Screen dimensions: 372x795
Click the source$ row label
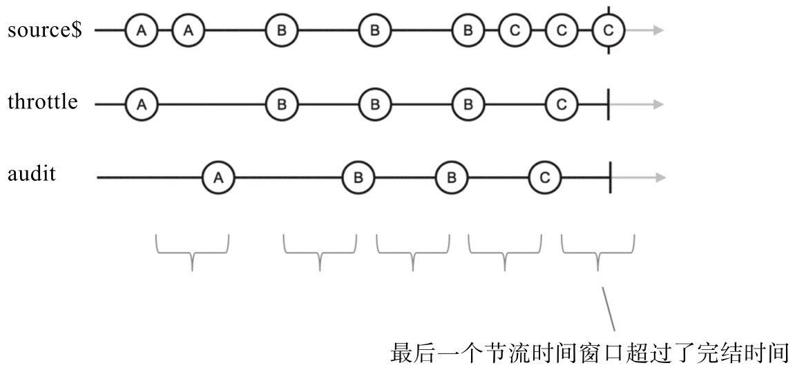click(x=45, y=31)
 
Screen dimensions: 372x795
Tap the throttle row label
click(x=42, y=103)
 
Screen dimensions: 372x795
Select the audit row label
click(x=32, y=174)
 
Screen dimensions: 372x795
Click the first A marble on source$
click(x=142, y=30)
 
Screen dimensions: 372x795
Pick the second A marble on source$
click(x=189, y=30)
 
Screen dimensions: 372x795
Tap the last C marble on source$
click(x=608, y=30)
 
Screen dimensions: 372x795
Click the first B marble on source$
click(x=281, y=30)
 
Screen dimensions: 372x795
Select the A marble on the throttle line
click(x=142, y=105)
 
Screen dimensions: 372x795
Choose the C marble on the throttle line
click(x=562, y=105)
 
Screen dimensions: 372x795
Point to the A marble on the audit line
click(x=218, y=178)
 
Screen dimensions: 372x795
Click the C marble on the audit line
click(x=545, y=178)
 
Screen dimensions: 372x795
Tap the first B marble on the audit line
click(x=358, y=178)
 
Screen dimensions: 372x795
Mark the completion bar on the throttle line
click(x=609, y=105)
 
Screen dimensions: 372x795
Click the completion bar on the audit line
click(x=611, y=178)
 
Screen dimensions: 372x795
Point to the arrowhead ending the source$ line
click(x=658, y=30)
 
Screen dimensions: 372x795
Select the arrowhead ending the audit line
click(x=660, y=178)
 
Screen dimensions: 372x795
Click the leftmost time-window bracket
click(x=192, y=253)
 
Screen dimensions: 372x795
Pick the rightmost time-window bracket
click(x=598, y=253)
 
